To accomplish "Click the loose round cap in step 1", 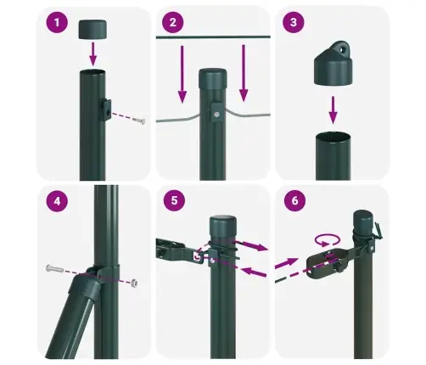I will (94, 31).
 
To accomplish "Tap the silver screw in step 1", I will (141, 121).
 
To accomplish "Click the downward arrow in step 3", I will (334, 108).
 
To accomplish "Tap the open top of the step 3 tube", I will (334, 137).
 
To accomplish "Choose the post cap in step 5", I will (222, 228).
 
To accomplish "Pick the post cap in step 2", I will (212, 78).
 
